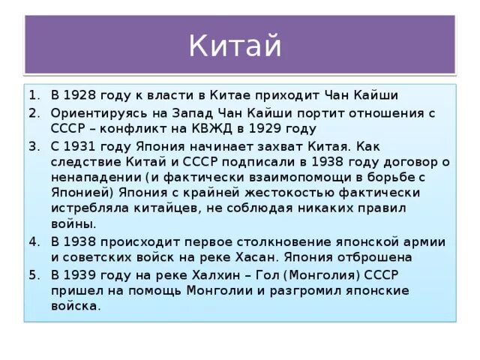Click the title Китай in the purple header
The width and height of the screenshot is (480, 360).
(235, 46)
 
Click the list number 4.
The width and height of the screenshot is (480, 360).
(33, 241)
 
